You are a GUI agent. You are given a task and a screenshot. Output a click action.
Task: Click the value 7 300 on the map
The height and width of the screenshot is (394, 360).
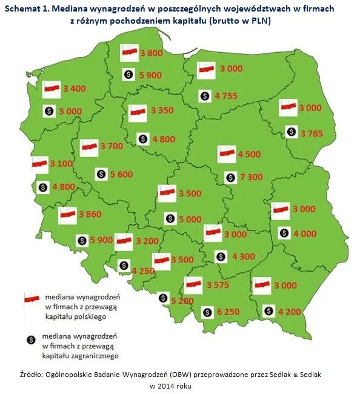pos(252,177)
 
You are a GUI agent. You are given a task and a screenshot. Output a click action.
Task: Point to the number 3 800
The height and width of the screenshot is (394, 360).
pos(151,53)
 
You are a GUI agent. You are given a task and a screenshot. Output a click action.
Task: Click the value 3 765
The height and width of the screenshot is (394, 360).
pos(313,133)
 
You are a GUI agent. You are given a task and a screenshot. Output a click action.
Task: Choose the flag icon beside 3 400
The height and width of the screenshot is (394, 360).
pos(52,89)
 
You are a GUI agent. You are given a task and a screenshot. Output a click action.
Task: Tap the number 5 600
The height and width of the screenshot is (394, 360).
pos(122,174)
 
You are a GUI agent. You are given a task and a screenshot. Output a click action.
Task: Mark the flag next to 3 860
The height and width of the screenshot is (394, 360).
pos(67,213)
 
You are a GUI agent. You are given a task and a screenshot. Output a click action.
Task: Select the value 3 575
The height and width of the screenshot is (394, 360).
pos(217,284)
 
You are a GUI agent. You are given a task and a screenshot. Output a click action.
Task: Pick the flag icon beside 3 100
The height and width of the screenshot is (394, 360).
pos(41,164)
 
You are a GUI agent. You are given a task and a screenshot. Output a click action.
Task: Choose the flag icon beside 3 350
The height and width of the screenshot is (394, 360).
pos(137,111)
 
